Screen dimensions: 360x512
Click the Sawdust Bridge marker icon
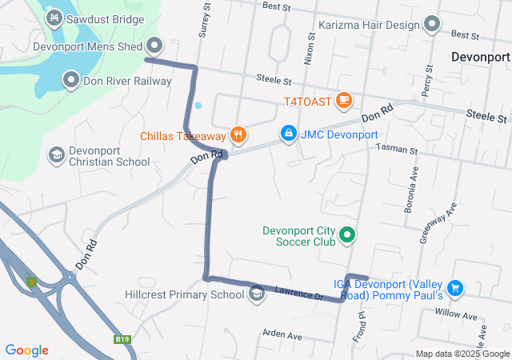pos(54,17)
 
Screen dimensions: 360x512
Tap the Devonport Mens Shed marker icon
pos(155,46)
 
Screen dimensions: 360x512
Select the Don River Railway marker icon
pos(71,80)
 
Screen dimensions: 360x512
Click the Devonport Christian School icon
pos(56,154)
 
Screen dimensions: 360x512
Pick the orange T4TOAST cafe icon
pos(344,100)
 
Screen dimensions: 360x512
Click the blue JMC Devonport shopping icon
pos(287,133)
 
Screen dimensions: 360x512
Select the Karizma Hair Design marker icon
pos(432,24)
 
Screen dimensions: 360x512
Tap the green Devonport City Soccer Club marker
pos(347,235)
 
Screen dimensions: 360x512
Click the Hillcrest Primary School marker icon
pos(257,294)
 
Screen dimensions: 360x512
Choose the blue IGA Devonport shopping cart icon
pos(455,287)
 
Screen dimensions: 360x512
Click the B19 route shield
pos(122,339)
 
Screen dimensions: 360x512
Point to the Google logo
pos(26,350)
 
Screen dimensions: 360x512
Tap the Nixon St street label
pos(309,53)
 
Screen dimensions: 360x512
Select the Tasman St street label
pos(398,150)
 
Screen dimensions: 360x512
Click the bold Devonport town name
pos(480,58)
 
